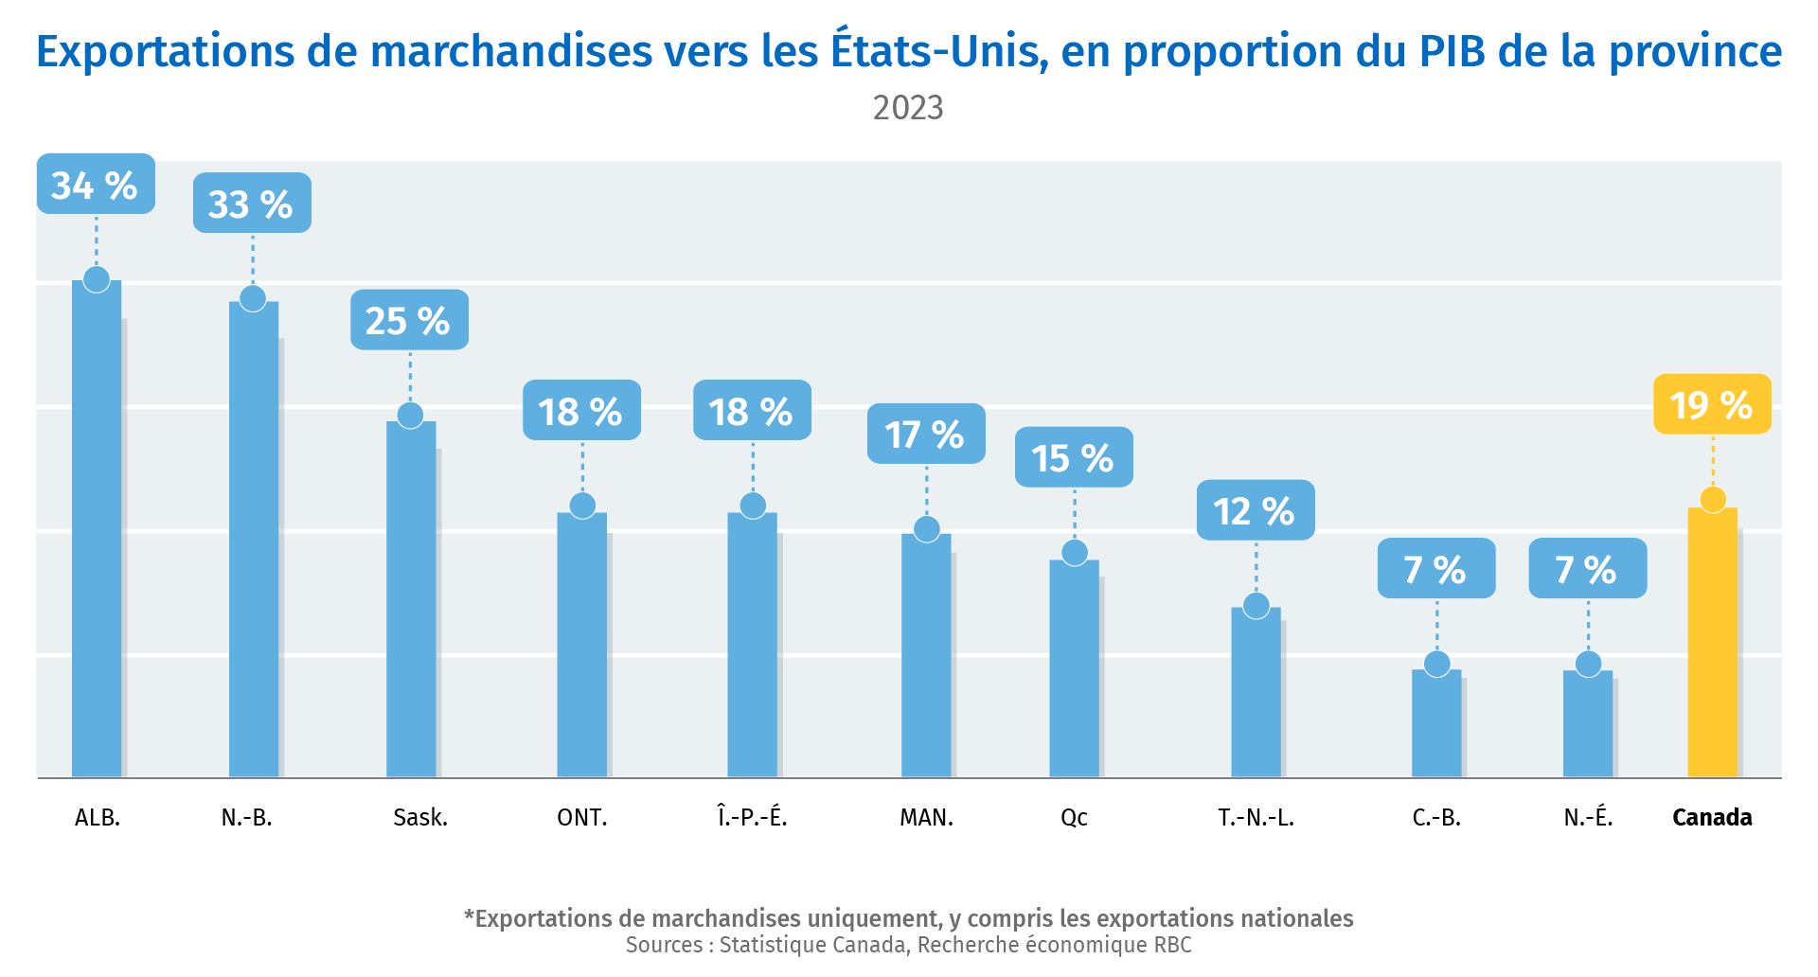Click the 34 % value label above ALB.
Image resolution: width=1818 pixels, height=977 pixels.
96,185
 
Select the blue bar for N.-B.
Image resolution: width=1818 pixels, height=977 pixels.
254,540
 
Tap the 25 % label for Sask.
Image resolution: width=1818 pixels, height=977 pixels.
409,321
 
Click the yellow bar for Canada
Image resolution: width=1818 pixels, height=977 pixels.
1712,644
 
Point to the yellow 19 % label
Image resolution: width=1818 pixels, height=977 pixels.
1712,405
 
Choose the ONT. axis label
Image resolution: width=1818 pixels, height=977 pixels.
582,817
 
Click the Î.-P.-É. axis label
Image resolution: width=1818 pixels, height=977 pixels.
753,817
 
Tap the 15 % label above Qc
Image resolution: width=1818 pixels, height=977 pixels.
1074,458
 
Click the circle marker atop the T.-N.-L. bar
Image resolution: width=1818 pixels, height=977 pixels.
1257,606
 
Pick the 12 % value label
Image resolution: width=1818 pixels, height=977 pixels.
1256,511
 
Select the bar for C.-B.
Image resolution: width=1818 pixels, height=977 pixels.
1436,724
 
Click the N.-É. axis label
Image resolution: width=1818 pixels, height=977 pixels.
1588,817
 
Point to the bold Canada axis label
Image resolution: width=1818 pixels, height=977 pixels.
1712,817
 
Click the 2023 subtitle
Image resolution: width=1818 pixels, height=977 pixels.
908,108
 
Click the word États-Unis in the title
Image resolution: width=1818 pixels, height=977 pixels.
939,51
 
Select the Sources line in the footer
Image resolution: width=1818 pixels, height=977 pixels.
908,945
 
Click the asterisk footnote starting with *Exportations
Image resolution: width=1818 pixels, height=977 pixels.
908,918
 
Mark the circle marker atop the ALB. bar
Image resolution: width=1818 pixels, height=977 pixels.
97,280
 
